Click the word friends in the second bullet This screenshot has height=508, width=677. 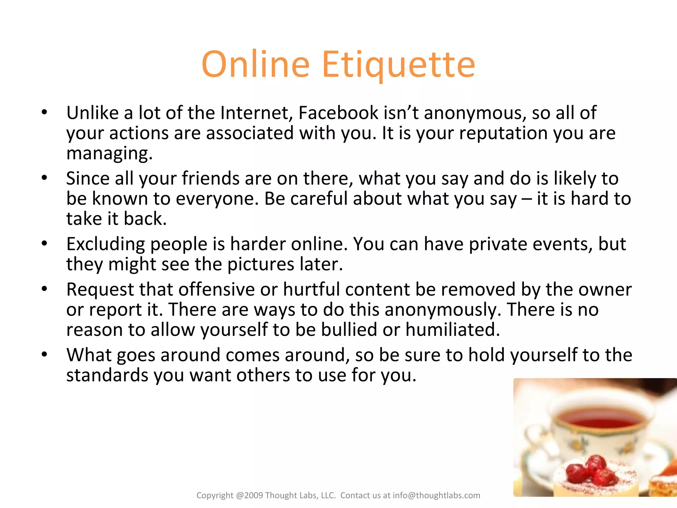click(210, 179)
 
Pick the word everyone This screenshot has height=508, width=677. click(217, 199)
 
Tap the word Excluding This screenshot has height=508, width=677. click(105, 244)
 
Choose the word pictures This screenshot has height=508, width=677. click(261, 264)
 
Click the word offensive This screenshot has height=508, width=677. click(217, 289)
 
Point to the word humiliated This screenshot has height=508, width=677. click(453, 330)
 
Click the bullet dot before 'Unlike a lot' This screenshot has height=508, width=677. click(45, 112)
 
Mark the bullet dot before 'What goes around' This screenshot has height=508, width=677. click(45, 355)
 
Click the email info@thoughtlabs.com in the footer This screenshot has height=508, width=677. click(436, 495)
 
